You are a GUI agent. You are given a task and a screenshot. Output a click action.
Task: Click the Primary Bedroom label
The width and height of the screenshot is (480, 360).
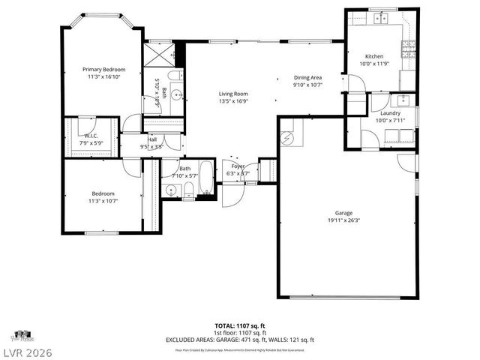point(103,69)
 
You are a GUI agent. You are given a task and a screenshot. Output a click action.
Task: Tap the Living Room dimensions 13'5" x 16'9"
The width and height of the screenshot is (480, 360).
point(233,101)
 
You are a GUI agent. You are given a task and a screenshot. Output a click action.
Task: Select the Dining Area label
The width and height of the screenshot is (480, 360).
point(307,77)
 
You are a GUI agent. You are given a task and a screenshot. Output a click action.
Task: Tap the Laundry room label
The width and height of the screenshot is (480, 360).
point(390,112)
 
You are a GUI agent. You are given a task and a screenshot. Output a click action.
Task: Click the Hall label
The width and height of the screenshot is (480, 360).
point(152,139)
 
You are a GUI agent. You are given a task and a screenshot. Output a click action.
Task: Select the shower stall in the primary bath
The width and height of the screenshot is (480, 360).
point(159,54)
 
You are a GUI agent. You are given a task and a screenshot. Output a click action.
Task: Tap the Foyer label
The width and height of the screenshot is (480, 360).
point(238,166)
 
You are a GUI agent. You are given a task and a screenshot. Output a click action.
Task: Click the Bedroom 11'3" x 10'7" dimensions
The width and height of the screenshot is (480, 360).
point(103,200)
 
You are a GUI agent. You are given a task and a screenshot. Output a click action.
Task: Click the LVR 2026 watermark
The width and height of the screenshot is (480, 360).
point(28,351)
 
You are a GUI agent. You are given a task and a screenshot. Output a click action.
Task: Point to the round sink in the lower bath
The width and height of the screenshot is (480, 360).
point(170,189)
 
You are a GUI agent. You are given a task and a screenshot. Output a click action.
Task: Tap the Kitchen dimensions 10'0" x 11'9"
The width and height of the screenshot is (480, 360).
point(374,64)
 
